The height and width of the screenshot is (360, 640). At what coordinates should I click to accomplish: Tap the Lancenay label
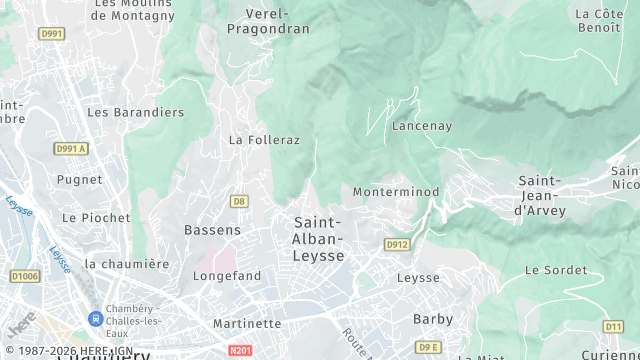(422, 126)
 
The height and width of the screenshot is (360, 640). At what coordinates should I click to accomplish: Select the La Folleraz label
(264, 140)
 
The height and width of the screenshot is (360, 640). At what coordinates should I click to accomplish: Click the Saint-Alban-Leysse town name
(319, 239)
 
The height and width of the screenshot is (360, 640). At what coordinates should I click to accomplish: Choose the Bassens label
(212, 230)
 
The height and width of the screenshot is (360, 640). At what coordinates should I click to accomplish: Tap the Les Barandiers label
(136, 113)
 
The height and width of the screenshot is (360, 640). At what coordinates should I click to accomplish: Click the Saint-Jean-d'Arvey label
(540, 196)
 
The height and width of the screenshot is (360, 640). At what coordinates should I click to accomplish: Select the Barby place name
(433, 319)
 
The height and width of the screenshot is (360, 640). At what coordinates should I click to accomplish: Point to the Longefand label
(227, 275)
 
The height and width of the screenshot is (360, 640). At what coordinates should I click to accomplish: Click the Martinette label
(247, 323)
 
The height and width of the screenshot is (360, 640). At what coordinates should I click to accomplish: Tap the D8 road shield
(239, 201)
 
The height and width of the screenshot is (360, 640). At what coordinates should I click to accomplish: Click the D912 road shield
(397, 244)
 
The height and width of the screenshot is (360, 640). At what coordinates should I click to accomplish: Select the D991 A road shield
(71, 149)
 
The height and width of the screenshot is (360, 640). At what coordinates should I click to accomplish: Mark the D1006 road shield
(26, 276)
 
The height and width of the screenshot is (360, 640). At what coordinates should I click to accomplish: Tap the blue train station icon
(95, 319)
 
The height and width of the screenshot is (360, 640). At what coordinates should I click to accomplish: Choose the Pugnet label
(80, 180)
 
